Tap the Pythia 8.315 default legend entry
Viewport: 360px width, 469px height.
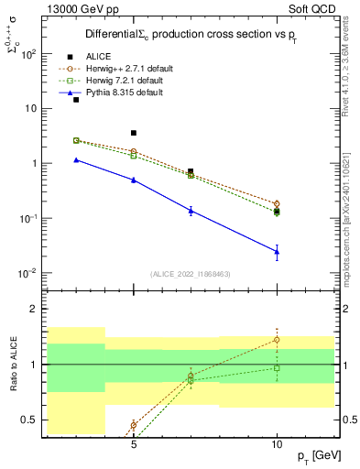(x=124, y=93)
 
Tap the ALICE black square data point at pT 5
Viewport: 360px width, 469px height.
(x=134, y=133)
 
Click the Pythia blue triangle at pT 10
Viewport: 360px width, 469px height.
(x=277, y=251)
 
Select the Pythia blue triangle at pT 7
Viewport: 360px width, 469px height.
(x=191, y=211)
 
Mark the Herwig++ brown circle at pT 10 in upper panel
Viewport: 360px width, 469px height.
(x=277, y=203)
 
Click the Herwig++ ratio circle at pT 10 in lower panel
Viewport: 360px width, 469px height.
(x=277, y=340)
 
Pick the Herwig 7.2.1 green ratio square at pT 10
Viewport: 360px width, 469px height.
(x=277, y=368)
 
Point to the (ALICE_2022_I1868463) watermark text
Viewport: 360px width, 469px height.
(x=191, y=274)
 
